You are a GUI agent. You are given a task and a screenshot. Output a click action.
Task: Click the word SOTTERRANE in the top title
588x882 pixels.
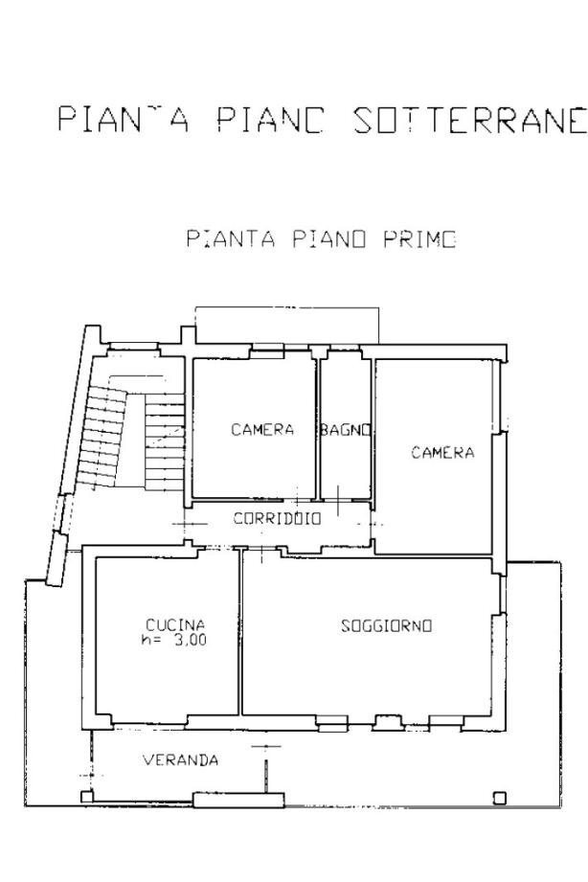tap(468, 121)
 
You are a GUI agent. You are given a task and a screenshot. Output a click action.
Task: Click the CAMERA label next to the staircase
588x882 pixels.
tap(262, 430)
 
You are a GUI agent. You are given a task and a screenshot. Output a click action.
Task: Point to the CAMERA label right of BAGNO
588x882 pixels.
tap(442, 453)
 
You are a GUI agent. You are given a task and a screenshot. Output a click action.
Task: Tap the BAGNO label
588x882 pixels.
tap(345, 430)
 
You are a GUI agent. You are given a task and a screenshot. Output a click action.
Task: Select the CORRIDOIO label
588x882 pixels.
tap(278, 519)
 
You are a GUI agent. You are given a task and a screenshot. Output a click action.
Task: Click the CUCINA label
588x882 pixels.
tap(175, 626)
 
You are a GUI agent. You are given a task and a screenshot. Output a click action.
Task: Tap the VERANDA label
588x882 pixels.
tap(180, 761)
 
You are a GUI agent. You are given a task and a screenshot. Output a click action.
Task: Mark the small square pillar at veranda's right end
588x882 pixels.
tap(499, 797)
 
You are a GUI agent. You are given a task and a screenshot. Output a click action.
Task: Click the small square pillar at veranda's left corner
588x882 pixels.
tap(86, 796)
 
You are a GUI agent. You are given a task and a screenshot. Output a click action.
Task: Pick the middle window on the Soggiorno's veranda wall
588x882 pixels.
tap(387, 720)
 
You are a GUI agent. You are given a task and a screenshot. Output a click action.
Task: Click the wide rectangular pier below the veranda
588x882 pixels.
tap(237, 799)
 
